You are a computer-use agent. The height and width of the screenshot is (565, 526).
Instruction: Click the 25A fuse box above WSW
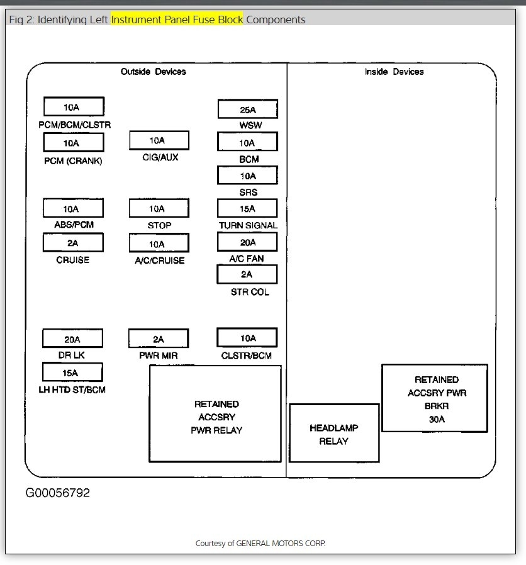247,109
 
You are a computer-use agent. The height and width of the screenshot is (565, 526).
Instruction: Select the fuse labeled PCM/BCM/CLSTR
74,107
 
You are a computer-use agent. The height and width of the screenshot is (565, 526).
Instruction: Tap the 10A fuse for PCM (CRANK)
74,143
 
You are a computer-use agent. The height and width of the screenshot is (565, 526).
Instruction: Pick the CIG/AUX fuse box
159,140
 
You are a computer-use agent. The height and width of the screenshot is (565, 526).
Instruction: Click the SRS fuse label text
248,193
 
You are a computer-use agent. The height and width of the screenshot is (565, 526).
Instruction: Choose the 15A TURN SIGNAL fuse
247,208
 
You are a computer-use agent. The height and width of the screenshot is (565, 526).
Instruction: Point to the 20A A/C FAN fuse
247,242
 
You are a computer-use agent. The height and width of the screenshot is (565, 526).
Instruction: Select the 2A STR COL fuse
247,274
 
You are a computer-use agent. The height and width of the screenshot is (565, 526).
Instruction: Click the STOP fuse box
159,208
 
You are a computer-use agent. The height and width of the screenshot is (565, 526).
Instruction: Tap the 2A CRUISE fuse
72,243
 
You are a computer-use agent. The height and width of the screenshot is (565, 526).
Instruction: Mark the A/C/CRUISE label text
159,260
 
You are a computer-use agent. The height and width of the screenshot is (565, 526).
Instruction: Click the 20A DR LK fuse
72,339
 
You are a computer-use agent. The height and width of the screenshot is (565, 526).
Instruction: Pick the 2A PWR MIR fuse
158,339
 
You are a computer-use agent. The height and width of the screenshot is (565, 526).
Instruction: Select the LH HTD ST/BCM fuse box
72,372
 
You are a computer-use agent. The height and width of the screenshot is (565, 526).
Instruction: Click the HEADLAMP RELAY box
334,434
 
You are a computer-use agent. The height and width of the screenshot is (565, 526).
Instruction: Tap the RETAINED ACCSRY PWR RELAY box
215,414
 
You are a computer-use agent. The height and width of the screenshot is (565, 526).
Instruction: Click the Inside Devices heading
394,72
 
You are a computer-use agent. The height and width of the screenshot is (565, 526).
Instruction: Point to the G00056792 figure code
57,493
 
